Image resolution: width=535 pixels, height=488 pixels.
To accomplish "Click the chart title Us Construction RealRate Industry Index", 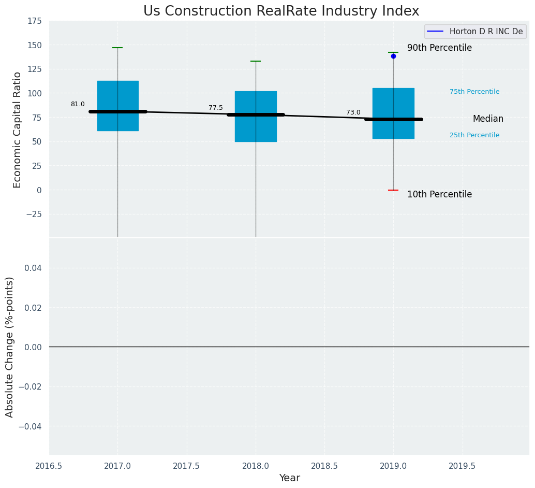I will pyautogui.click(x=281, y=11).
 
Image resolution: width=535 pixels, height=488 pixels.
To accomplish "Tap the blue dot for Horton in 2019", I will pyautogui.click(x=393, y=56).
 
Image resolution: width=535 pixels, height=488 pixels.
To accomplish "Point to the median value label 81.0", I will pyautogui.click(x=78, y=104).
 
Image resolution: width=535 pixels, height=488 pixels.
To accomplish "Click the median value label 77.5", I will pyautogui.click(x=216, y=108).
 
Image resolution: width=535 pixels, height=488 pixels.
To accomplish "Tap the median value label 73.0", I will pyautogui.click(x=353, y=112).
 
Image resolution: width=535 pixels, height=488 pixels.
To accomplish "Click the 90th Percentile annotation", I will pyautogui.click(x=439, y=48).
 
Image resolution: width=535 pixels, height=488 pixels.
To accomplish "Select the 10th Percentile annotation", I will pyautogui.click(x=439, y=195).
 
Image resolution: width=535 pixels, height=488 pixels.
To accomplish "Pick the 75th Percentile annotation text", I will pyautogui.click(x=474, y=92).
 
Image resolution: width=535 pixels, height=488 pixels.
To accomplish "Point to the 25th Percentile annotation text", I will pyautogui.click(x=474, y=135).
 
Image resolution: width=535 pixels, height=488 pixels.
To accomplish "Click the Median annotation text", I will pyautogui.click(x=488, y=119).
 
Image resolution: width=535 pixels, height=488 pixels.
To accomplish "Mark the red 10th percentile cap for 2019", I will pyautogui.click(x=393, y=190).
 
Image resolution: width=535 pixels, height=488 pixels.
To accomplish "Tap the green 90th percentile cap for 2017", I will pyautogui.click(x=117, y=48).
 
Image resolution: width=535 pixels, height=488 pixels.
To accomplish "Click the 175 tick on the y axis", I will pyautogui.click(x=35, y=21).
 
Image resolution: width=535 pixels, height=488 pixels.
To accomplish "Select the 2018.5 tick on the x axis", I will pyautogui.click(x=324, y=466).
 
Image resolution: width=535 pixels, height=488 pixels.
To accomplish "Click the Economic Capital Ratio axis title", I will pyautogui.click(x=18, y=130).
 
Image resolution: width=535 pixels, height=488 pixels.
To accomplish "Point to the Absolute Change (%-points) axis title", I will pyautogui.click(x=10, y=347).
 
